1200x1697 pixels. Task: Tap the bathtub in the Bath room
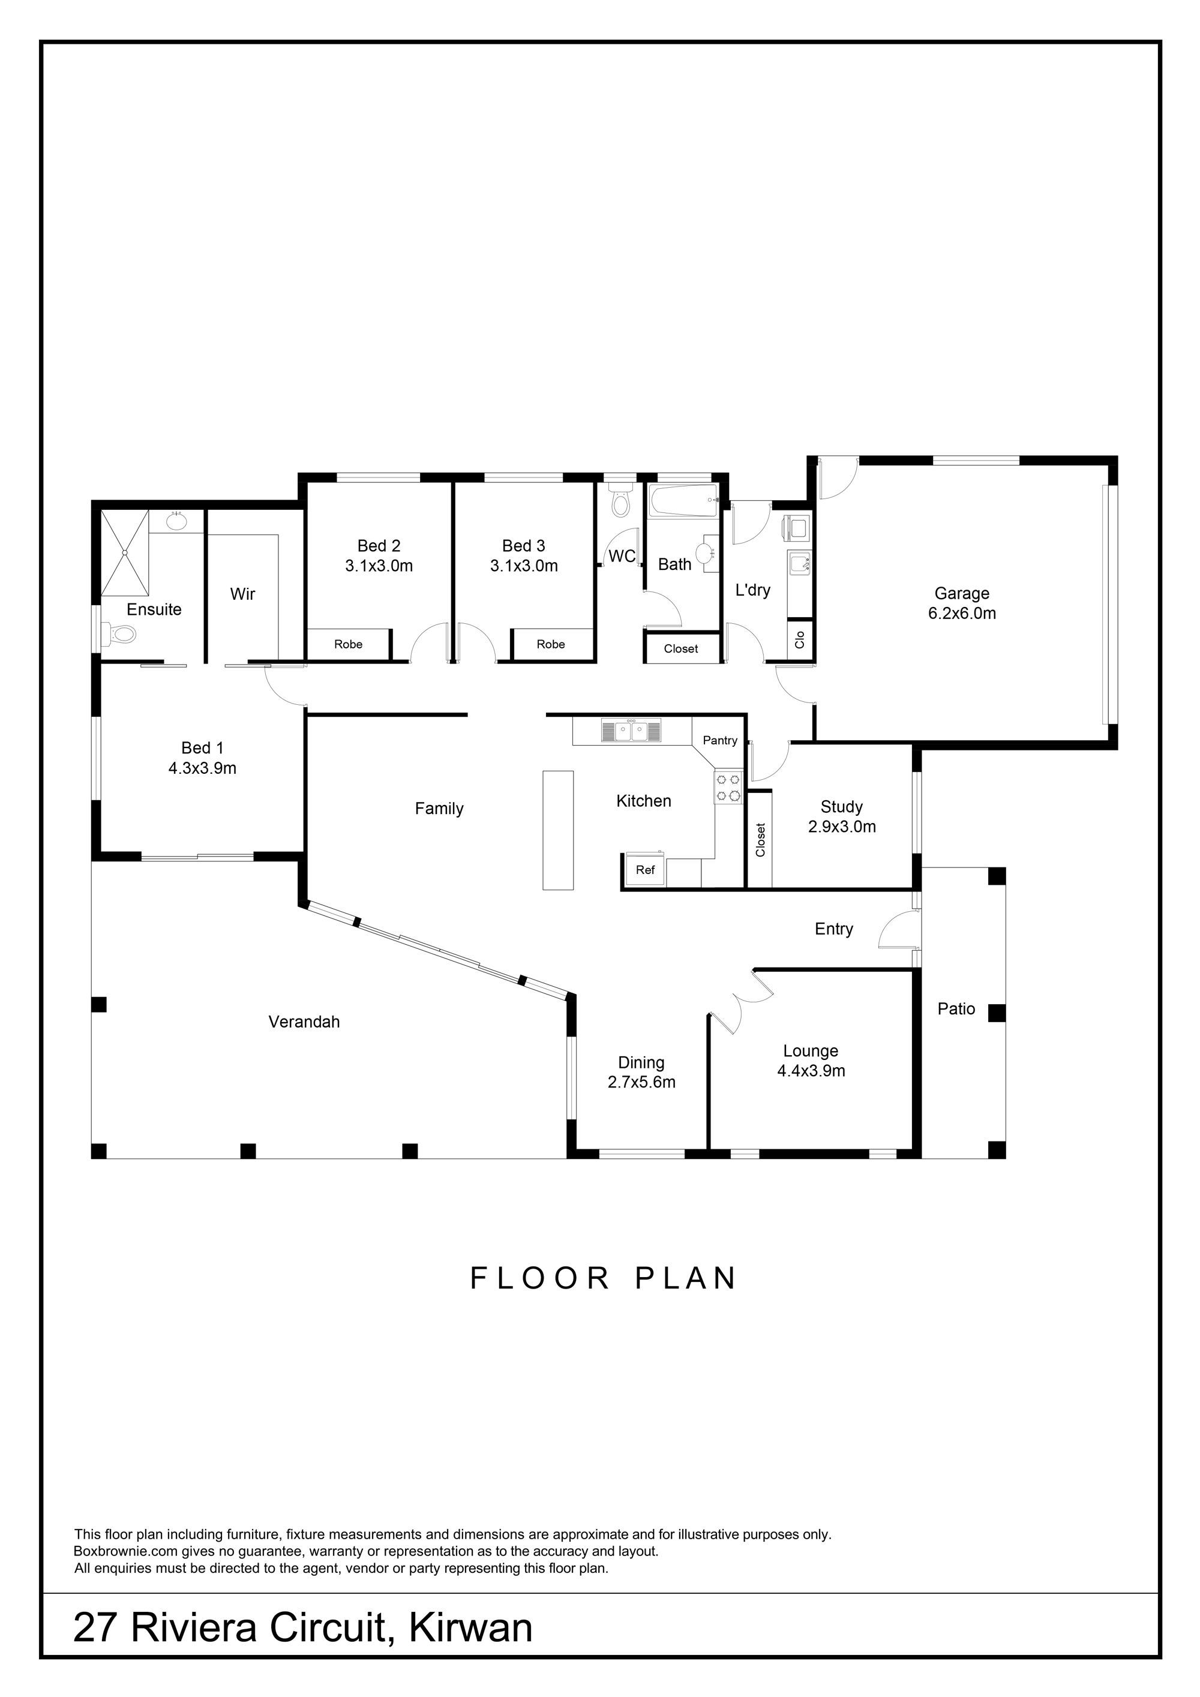coord(683,500)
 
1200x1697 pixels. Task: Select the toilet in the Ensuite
coord(118,633)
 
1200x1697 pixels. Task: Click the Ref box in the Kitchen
coord(646,870)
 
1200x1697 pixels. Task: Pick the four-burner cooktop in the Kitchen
coord(728,786)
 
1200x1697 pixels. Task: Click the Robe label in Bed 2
coord(348,644)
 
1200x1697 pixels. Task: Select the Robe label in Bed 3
coord(551,644)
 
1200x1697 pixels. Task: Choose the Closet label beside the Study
coord(761,840)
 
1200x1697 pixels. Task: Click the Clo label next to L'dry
coord(799,639)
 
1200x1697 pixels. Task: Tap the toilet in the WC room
coord(621,500)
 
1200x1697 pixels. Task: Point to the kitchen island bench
coord(558,830)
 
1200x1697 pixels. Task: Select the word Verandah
coord(304,1022)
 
